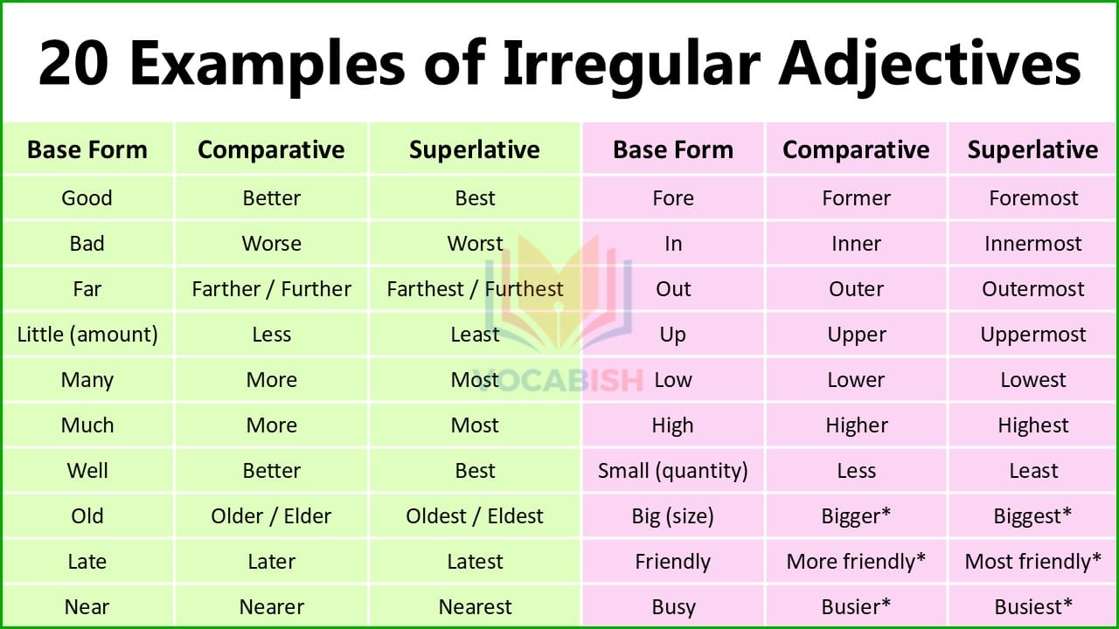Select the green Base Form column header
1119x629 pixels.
(x=87, y=149)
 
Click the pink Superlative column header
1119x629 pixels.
(x=1032, y=149)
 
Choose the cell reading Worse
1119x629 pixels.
(x=271, y=244)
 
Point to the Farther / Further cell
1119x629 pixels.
(x=271, y=289)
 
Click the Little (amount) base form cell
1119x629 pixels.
(x=87, y=335)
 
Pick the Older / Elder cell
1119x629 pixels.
(x=271, y=516)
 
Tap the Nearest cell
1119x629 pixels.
(x=475, y=607)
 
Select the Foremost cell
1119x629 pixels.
(x=1033, y=198)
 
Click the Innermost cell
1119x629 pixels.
(x=1033, y=244)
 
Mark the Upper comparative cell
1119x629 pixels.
(x=856, y=335)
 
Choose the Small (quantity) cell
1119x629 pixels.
(x=672, y=471)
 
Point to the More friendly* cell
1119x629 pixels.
(x=856, y=562)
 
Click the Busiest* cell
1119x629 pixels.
(x=1033, y=607)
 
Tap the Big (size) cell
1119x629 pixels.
(x=672, y=516)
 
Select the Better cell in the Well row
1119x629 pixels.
(x=271, y=471)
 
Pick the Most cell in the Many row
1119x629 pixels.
(x=475, y=380)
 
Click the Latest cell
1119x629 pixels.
(x=475, y=562)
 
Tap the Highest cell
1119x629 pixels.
(x=1033, y=425)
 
